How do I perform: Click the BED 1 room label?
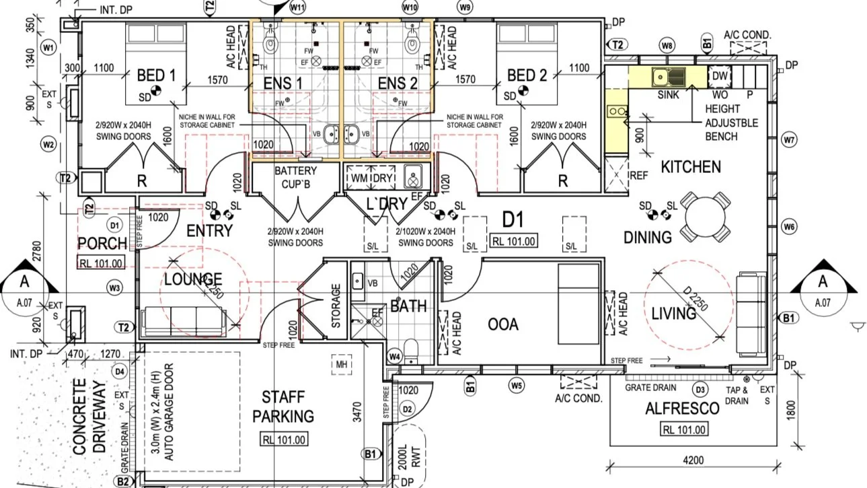(x=155, y=75)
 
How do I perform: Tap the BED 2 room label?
(x=526, y=75)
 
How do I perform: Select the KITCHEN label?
(x=690, y=166)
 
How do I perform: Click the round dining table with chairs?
(x=704, y=217)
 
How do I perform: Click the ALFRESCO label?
(x=673, y=409)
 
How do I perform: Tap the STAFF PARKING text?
(x=282, y=407)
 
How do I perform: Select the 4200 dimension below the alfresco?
(x=692, y=461)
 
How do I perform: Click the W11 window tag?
(x=297, y=7)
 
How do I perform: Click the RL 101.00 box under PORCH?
(x=102, y=263)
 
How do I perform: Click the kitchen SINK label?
(x=668, y=95)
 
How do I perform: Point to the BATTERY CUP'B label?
(x=295, y=177)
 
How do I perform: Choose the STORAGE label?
(x=336, y=306)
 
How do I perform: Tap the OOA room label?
(x=503, y=324)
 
